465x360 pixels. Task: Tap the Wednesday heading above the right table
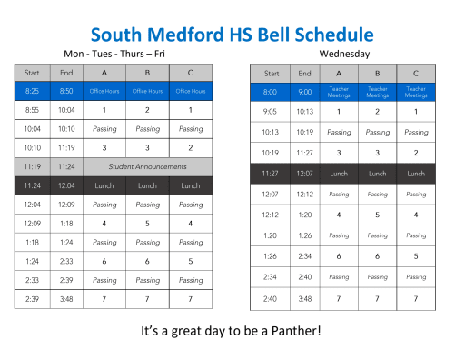343,54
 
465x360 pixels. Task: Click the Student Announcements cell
147,166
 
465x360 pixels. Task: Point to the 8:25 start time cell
33,90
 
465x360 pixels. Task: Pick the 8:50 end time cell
66,90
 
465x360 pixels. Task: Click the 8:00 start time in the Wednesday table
271,91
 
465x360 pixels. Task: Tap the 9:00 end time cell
305,91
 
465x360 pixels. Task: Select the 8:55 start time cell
33,109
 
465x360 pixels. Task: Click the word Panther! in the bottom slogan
293,329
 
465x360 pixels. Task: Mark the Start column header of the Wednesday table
271,73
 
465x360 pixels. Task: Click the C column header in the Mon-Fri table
191,72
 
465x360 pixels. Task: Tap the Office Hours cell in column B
147,90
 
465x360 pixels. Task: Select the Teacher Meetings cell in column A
339,91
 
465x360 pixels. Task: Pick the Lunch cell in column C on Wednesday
415,173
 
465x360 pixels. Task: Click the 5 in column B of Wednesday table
377,215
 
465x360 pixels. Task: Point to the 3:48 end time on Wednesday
305,298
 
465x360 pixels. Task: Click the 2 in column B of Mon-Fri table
147,109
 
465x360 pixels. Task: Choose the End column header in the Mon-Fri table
66,72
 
